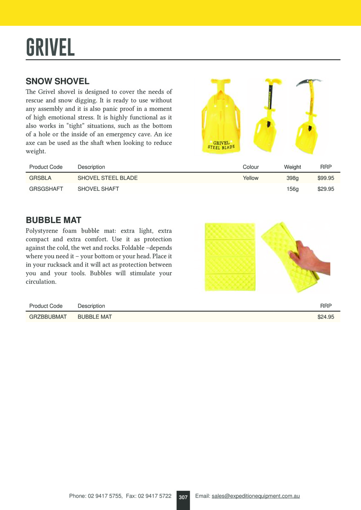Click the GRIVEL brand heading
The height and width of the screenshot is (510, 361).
point(50,47)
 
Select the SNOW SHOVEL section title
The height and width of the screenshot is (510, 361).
point(57,81)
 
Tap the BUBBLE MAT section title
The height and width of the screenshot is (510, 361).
point(54,220)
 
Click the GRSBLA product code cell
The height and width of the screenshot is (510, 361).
point(40,178)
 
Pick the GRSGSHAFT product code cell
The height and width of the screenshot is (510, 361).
point(46,189)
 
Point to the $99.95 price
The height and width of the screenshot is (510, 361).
point(326,178)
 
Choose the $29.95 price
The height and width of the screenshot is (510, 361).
point(326,189)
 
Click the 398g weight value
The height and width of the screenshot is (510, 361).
point(292,178)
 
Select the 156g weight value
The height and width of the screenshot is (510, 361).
point(292,189)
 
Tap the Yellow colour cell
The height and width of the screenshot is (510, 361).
point(251,178)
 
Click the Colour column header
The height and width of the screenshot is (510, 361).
point(251,167)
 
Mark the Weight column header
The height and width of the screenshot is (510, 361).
point(292,167)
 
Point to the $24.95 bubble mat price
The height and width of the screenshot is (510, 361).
point(326,317)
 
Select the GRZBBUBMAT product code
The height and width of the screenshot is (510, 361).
point(48,317)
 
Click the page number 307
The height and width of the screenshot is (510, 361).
point(183,497)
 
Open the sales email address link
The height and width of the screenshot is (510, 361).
point(256,496)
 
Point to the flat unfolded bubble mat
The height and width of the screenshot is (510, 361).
point(230,257)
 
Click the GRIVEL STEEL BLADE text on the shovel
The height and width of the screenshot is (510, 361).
point(221,145)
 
